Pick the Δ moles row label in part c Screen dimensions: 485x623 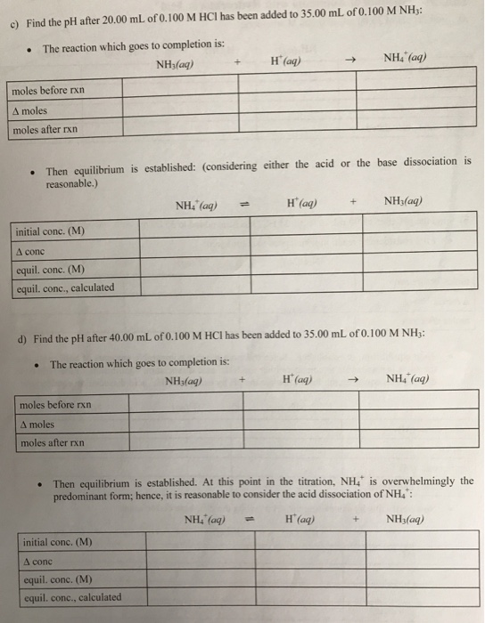click(x=30, y=111)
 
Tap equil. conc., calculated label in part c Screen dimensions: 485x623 click(x=65, y=287)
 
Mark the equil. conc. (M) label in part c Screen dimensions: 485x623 click(x=50, y=269)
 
